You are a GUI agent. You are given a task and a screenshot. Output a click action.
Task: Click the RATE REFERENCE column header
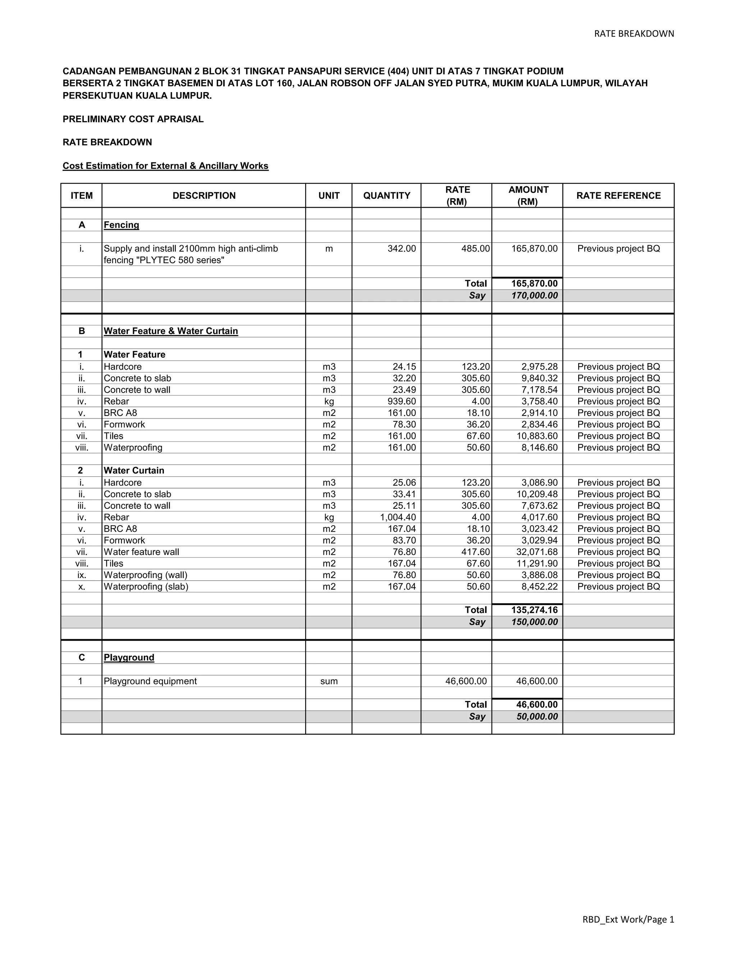[x=618, y=196]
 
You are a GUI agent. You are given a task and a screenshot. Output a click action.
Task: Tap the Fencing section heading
[x=121, y=225]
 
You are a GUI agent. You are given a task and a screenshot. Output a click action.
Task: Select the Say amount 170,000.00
[x=534, y=295]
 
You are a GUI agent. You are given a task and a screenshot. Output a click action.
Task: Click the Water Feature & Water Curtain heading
[x=171, y=331]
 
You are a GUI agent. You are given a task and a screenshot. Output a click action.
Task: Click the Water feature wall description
[x=141, y=552]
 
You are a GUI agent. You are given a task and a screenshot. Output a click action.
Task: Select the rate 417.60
[x=475, y=552]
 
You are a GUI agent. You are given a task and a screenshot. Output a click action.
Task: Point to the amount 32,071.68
[x=537, y=552]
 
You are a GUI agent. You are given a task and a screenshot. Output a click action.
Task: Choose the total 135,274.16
[x=534, y=610]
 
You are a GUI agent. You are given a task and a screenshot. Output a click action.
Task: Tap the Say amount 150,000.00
[x=534, y=622]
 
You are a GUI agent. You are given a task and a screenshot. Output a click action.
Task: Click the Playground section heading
[x=129, y=658]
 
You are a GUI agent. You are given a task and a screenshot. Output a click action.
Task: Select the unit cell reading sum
[x=328, y=681]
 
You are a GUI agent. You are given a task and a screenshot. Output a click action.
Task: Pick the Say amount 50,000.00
[x=537, y=716]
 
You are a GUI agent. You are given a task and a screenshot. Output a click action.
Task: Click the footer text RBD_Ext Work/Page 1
[x=628, y=920]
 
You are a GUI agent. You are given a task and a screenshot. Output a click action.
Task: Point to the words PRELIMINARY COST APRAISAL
[x=133, y=119]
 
